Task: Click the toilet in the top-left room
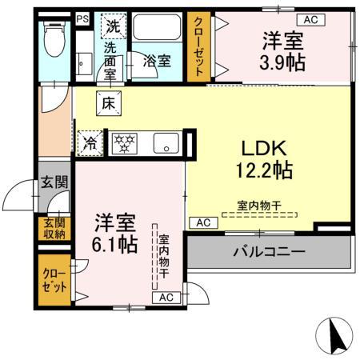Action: pyautogui.click(x=54, y=39)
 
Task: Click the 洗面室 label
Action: pyautogui.click(x=113, y=58)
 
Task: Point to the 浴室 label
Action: pyautogui.click(x=155, y=60)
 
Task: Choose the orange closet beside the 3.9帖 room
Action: pyautogui.click(x=198, y=46)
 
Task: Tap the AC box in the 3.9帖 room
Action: pyautogui.click(x=310, y=18)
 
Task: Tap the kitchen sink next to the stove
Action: pyautogui.click(x=166, y=145)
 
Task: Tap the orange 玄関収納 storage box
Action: pyautogui.click(x=54, y=229)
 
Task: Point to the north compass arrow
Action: pyautogui.click(x=337, y=334)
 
